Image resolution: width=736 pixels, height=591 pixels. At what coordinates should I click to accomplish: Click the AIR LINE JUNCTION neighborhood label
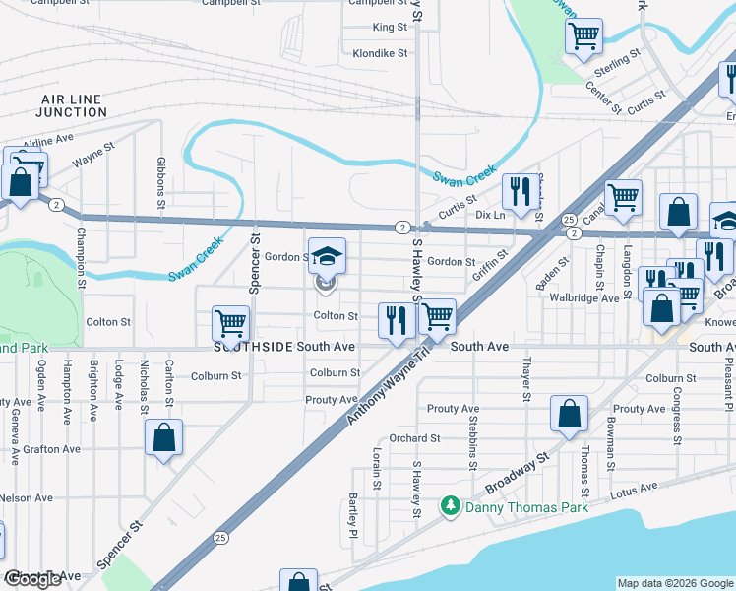point(71,105)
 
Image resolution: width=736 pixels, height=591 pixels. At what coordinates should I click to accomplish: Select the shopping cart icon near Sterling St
point(583,37)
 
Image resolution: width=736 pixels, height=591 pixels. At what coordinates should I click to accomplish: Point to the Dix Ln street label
point(489,214)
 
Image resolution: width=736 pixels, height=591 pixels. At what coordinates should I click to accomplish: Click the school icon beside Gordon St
point(327,257)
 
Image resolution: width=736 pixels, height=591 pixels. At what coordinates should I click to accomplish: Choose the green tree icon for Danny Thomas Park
point(451,506)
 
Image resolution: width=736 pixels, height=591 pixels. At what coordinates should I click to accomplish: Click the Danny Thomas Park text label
point(526,507)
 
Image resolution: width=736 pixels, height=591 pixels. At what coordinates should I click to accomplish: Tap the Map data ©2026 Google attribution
point(674,583)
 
